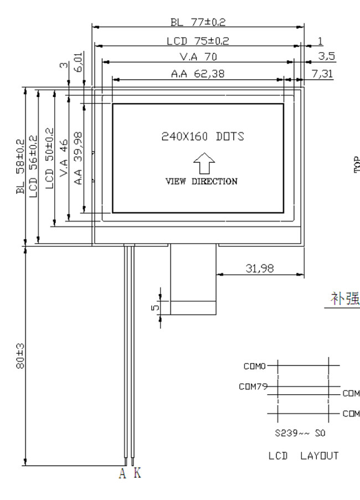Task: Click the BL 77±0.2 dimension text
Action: point(198,22)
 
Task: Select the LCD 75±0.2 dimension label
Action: point(198,41)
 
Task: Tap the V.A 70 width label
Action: point(198,57)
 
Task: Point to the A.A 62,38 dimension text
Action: point(198,74)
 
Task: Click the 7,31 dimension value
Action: point(322,74)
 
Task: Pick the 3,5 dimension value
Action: point(327,56)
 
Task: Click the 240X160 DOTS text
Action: point(203,136)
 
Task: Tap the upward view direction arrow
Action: point(204,163)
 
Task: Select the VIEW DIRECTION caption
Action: point(202,182)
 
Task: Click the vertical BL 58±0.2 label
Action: point(20,167)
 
